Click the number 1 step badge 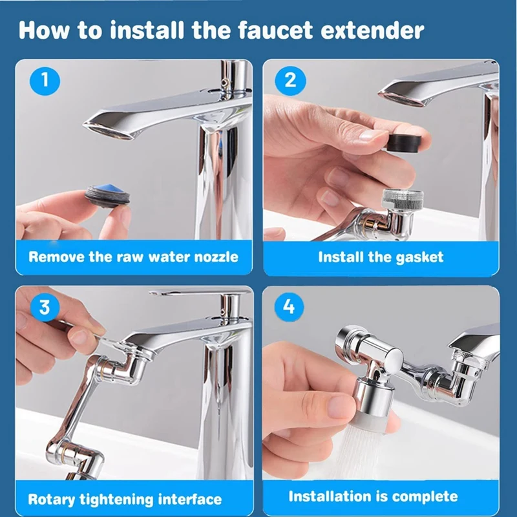[45, 80]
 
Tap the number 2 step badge [290, 80]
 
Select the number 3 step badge [45, 308]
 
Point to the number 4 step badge [289, 308]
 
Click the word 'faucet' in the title [275, 30]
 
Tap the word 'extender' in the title [372, 30]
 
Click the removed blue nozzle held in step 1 [107, 196]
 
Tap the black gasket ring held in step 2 [403, 142]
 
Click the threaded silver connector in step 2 [402, 199]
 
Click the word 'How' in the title [44, 30]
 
